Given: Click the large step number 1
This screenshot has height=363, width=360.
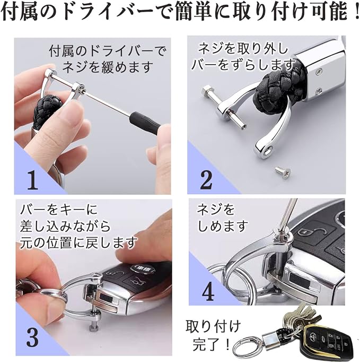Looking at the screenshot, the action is [33, 180].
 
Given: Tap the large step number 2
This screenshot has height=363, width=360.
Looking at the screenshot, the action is [206, 180].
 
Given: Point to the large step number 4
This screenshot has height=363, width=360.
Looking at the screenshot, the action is [208, 292].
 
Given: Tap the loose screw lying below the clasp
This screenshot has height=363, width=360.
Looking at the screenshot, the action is [282, 170].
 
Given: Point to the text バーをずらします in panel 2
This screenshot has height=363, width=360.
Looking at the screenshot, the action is [243, 64].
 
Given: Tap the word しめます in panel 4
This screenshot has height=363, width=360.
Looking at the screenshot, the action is [223, 226].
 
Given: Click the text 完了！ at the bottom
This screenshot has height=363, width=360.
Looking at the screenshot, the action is [211, 345].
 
